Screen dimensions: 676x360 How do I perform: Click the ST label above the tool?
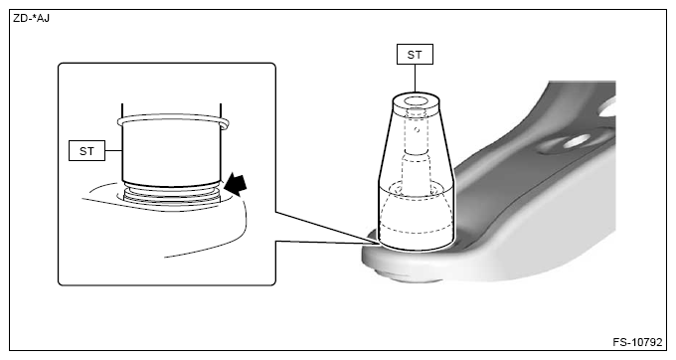pyautogui.click(x=415, y=55)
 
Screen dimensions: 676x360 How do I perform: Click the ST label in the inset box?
pyautogui.click(x=86, y=151)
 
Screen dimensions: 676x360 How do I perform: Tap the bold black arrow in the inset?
pyautogui.click(x=236, y=184)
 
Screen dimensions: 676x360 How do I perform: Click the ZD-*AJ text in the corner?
pyautogui.click(x=31, y=18)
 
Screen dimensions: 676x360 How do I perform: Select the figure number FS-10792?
pyautogui.click(x=637, y=342)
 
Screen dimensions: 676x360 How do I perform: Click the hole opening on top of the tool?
pyautogui.click(x=416, y=101)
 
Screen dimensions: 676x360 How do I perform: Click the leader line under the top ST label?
pyautogui.click(x=415, y=78)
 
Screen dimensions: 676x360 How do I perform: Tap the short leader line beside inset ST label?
pyautogui.click(x=113, y=150)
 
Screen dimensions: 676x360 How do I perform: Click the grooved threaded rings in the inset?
pyautogui.click(x=172, y=194)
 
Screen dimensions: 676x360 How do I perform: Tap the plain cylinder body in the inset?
pyautogui.click(x=172, y=154)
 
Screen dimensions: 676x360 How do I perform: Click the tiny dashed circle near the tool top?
pyautogui.click(x=417, y=129)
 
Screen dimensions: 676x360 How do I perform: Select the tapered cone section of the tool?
pyautogui.click(x=416, y=142)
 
